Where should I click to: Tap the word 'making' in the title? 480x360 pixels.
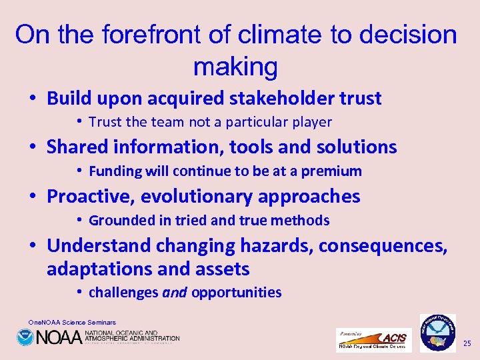tap(235, 66)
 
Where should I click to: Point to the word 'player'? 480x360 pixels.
tap(311, 122)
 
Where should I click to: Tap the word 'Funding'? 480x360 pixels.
tap(115, 171)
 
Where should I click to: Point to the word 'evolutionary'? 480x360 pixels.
tap(210, 197)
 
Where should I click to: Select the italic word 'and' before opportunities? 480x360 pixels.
tap(175, 293)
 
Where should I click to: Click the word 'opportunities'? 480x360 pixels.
tap(237, 293)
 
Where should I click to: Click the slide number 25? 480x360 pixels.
tap(467, 343)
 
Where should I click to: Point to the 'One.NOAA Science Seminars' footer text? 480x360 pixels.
tap(72, 322)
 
